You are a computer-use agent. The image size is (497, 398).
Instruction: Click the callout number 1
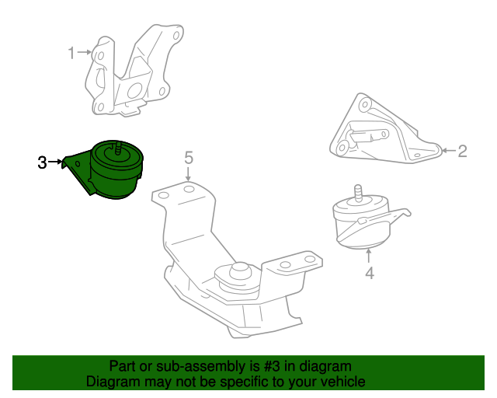coord(71,53)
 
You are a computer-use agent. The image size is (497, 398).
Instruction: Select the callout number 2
coord(463,151)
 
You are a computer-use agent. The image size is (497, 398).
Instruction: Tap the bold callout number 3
coord(42,162)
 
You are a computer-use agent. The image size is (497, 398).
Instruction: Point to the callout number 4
coord(370,274)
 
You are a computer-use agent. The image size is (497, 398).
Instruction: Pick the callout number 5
coord(189,158)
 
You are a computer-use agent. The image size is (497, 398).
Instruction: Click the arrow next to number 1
coord(85,52)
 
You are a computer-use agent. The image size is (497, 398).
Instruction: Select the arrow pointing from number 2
coord(449,151)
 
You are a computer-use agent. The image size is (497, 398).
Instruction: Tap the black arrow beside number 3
coord(55,162)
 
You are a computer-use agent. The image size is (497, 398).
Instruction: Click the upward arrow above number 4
coord(368,256)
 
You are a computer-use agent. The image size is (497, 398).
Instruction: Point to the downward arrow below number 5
coord(188,174)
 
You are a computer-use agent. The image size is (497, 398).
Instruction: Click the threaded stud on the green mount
coord(119,148)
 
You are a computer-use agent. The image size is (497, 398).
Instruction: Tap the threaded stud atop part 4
coord(358,193)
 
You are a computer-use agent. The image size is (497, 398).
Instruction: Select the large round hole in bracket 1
coord(134,91)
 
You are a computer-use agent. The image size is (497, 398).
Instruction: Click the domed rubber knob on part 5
coord(240,271)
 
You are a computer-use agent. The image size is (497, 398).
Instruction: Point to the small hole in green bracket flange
coord(78,163)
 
